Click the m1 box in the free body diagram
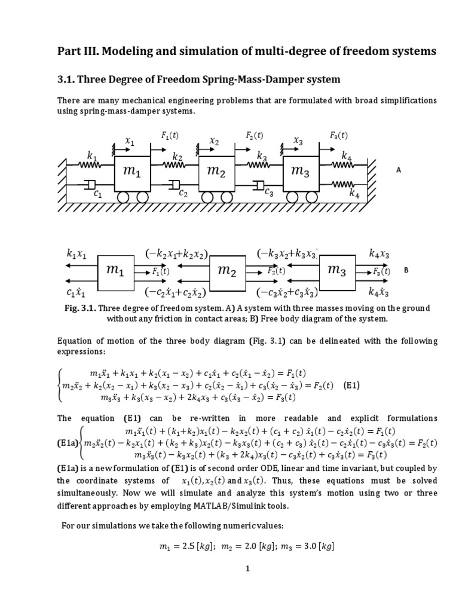pos(115,270)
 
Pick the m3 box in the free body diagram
pos(336,270)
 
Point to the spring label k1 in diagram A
pos(92,156)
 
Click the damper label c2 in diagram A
pos(183,193)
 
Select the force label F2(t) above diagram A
pos(254,136)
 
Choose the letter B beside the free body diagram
pos(406,270)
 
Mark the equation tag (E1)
pos(351,385)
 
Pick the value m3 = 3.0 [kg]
pos(307,546)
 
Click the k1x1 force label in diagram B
pos(76,254)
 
